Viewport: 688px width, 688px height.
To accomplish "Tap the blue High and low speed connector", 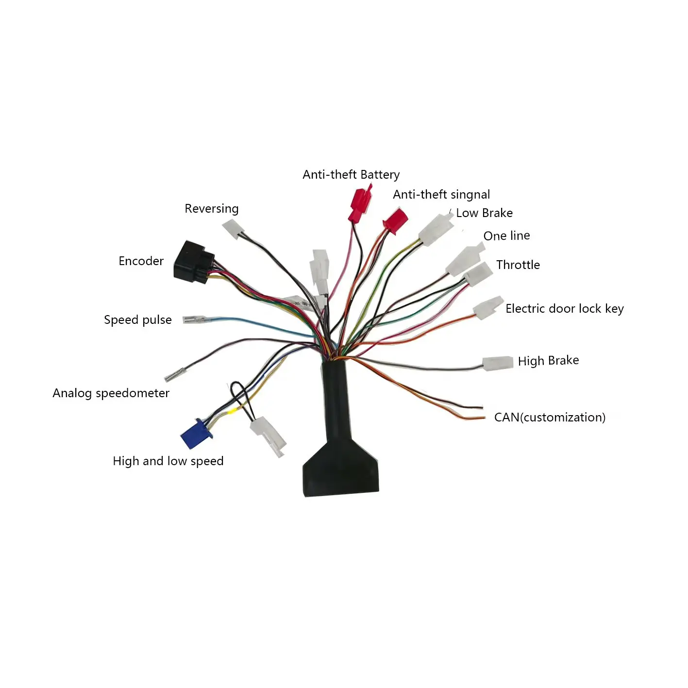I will pos(194,433).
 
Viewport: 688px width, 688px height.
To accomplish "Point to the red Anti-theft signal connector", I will pos(395,220).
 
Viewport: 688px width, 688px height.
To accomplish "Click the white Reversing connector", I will pos(233,228).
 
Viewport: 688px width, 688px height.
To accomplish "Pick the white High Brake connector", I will pos(498,363).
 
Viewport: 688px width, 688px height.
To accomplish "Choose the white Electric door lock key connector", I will pos(488,308).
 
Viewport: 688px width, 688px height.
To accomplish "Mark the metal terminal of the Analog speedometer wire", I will pos(172,375).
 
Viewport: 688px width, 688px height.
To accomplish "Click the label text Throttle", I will pos(518,265).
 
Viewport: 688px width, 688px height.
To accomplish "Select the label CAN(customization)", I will pos(550,418).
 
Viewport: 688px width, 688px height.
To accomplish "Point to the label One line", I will pos(506,236).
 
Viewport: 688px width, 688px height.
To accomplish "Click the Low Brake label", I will pos(484,213).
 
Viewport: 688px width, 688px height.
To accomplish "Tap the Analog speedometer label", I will pos(111,393).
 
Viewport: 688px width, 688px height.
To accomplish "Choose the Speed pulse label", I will pos(138,320).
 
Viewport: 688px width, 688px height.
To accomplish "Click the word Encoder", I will pos(141,261).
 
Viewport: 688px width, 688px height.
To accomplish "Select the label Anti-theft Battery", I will pos(351,175).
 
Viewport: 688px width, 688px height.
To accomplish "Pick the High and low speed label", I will pos(168,461).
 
